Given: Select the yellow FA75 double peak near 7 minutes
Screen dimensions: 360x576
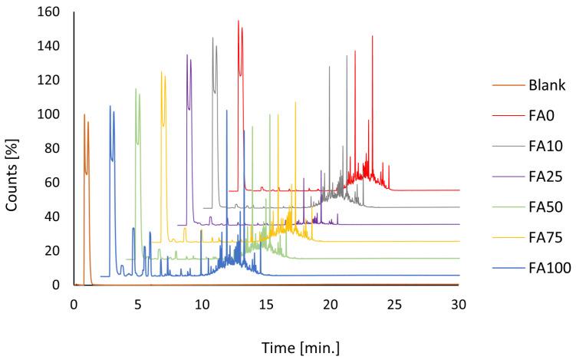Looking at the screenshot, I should pos(163,75).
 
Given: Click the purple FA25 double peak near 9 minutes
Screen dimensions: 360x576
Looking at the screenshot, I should pos(189,58).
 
